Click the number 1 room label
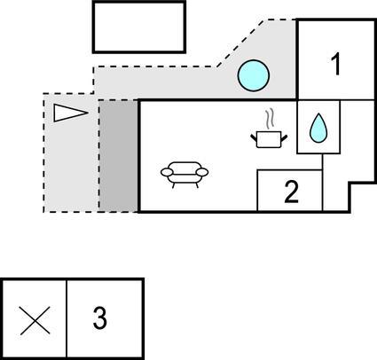point(335,65)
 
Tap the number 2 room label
point(291,192)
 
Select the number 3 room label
point(100,317)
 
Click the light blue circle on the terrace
point(254,75)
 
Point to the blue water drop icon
point(318,128)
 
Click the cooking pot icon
point(269,140)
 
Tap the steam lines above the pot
point(269,120)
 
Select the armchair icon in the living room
point(185,175)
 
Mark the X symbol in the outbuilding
point(35,321)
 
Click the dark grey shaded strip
point(118,156)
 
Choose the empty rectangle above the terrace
point(139,27)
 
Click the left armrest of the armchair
point(167,172)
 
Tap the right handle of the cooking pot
point(284,138)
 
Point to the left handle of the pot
point(254,138)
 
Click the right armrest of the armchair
point(202,172)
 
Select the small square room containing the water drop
point(318,127)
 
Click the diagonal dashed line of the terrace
point(242,43)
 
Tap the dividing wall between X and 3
point(67,318)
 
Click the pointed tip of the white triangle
point(88,113)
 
